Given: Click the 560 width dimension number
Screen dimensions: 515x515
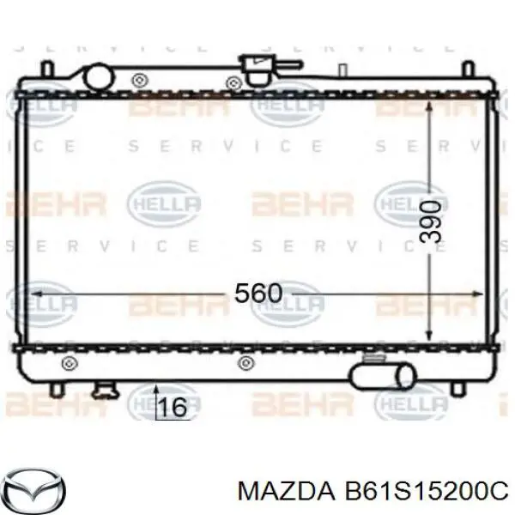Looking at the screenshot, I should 257,294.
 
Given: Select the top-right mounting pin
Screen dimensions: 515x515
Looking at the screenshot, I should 467,68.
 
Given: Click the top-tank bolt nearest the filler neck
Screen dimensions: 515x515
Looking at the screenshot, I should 233,82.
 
